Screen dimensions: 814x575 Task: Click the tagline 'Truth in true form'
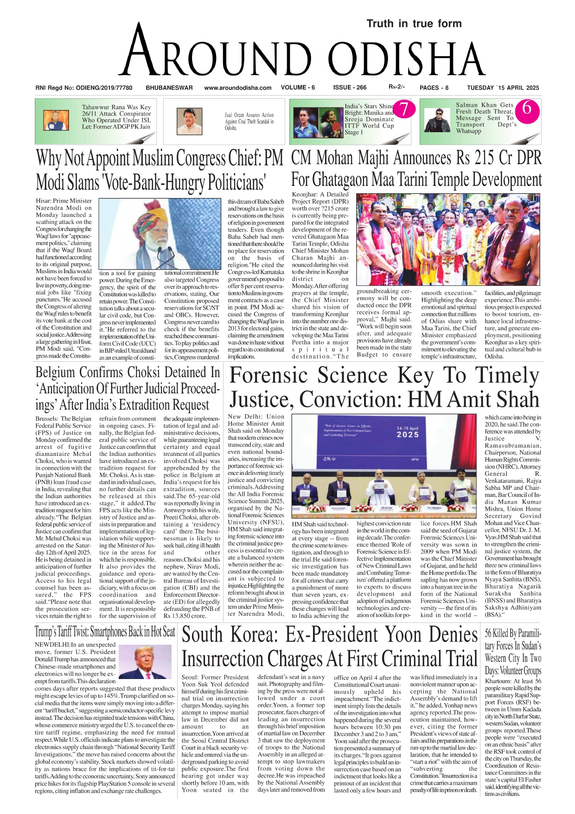(x=414, y=24)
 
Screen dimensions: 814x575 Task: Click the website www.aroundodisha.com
(x=237, y=88)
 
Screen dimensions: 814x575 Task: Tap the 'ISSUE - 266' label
(x=349, y=87)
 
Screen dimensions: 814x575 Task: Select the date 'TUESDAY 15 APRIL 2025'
(x=503, y=88)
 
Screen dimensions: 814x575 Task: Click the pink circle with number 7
(x=404, y=109)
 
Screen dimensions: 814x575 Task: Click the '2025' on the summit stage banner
(x=408, y=435)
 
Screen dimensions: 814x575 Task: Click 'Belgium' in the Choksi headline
(x=55, y=372)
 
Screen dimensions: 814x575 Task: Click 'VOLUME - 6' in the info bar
(x=298, y=87)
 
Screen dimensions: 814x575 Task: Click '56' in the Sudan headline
(x=490, y=633)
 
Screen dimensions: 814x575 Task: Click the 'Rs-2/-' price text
(x=396, y=87)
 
